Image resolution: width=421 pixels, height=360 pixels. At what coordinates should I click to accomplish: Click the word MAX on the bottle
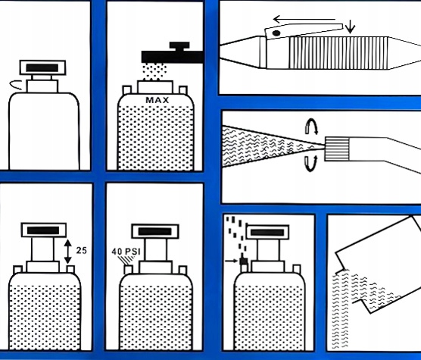[x=157, y=100]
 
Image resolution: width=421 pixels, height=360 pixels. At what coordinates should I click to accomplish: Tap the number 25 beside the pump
[x=81, y=250]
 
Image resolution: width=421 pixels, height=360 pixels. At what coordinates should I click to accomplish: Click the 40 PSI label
[x=126, y=252]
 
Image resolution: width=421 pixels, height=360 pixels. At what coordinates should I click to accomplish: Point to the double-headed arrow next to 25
[x=68, y=252]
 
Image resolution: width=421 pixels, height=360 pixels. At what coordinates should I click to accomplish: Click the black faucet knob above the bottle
[x=179, y=45]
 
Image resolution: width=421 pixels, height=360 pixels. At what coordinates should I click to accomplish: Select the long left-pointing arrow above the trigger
[x=304, y=20]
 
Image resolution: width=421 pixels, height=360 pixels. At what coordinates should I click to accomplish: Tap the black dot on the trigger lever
[x=276, y=33]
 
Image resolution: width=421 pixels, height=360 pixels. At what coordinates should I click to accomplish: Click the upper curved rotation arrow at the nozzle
[x=311, y=126]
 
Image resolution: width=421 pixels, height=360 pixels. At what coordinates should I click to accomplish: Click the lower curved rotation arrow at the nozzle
[x=311, y=163]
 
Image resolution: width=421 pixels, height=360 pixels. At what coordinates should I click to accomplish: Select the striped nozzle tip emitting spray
[x=337, y=149]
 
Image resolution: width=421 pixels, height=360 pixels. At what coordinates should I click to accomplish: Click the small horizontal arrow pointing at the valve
[x=232, y=261]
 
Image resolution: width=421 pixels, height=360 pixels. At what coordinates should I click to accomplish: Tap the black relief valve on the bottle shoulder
[x=244, y=261]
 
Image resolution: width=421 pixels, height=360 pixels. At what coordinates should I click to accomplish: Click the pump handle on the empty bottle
[x=42, y=67]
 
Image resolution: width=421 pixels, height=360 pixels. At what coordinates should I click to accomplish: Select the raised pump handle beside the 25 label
[x=44, y=230]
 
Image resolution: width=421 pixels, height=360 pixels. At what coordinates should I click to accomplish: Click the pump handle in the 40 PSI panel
[x=155, y=231]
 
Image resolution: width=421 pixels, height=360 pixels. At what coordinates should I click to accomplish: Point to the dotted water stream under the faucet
[x=154, y=72]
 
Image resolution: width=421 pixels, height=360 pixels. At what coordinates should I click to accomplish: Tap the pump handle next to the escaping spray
[x=267, y=233]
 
